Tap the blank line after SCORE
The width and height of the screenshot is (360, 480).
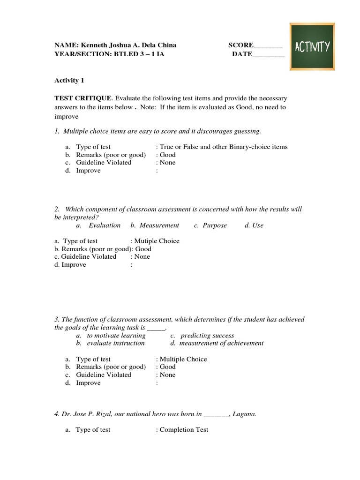[x=268, y=46]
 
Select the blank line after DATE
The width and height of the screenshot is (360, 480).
[x=269, y=54]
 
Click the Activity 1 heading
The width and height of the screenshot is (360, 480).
[x=69, y=80]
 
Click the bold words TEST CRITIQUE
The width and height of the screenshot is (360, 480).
[x=83, y=98]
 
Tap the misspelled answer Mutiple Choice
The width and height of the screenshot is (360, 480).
[x=157, y=241]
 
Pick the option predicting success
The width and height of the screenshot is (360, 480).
[x=207, y=336]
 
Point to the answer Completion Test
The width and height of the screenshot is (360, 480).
[x=184, y=429]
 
